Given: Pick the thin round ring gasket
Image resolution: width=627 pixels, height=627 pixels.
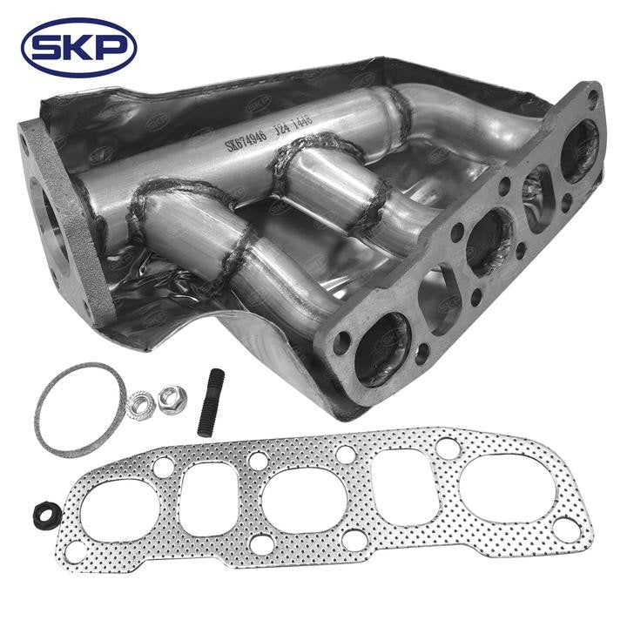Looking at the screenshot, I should (x=77, y=409).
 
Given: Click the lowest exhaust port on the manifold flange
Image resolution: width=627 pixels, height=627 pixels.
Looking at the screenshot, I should (x=381, y=348).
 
